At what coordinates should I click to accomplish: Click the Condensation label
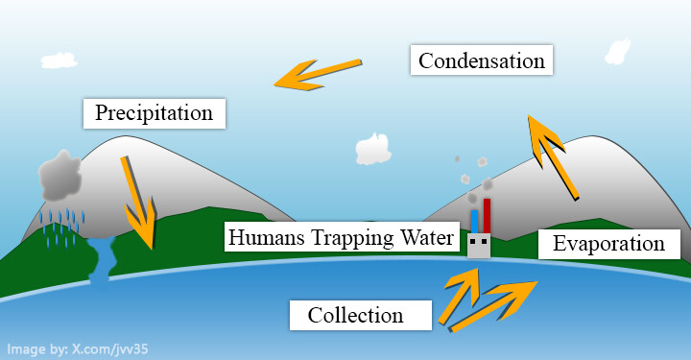click(x=481, y=60)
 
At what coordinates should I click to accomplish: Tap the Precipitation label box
click(x=155, y=113)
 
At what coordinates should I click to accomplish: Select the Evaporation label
click(x=609, y=244)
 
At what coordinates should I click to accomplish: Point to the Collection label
click(x=361, y=315)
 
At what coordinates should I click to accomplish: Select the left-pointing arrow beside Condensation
click(x=319, y=75)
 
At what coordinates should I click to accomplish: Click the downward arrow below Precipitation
click(x=139, y=204)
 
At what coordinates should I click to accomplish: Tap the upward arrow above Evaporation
click(x=553, y=157)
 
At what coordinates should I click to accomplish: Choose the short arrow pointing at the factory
click(x=462, y=296)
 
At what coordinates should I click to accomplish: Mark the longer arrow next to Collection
click(x=493, y=306)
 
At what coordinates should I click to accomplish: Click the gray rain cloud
click(x=60, y=176)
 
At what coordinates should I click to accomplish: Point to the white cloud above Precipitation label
click(x=59, y=60)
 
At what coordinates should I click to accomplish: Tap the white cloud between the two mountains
click(x=373, y=149)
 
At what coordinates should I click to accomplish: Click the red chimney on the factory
click(x=487, y=216)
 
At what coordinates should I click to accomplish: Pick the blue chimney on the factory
click(x=475, y=222)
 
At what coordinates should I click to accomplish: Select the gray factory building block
click(x=479, y=246)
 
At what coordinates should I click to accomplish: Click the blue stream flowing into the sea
click(x=102, y=262)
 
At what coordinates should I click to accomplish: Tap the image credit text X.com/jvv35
click(x=110, y=349)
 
